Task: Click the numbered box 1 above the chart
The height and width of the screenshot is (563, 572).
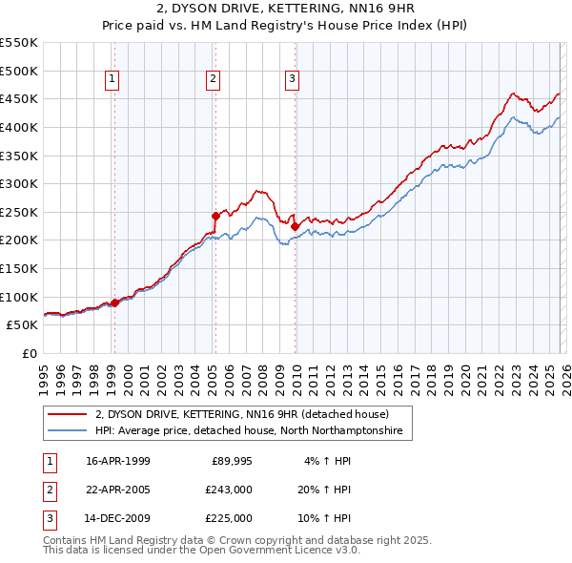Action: [112, 80]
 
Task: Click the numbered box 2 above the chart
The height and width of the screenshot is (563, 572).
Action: [213, 80]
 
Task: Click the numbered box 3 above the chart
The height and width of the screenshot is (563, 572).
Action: [292, 80]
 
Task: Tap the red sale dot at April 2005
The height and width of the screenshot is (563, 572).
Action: [215, 216]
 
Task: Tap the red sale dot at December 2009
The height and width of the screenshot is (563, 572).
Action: [295, 226]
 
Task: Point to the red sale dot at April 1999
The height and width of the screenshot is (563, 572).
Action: [115, 302]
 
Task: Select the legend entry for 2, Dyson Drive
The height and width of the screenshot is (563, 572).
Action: [241, 414]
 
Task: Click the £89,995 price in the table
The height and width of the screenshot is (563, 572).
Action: [229, 461]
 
